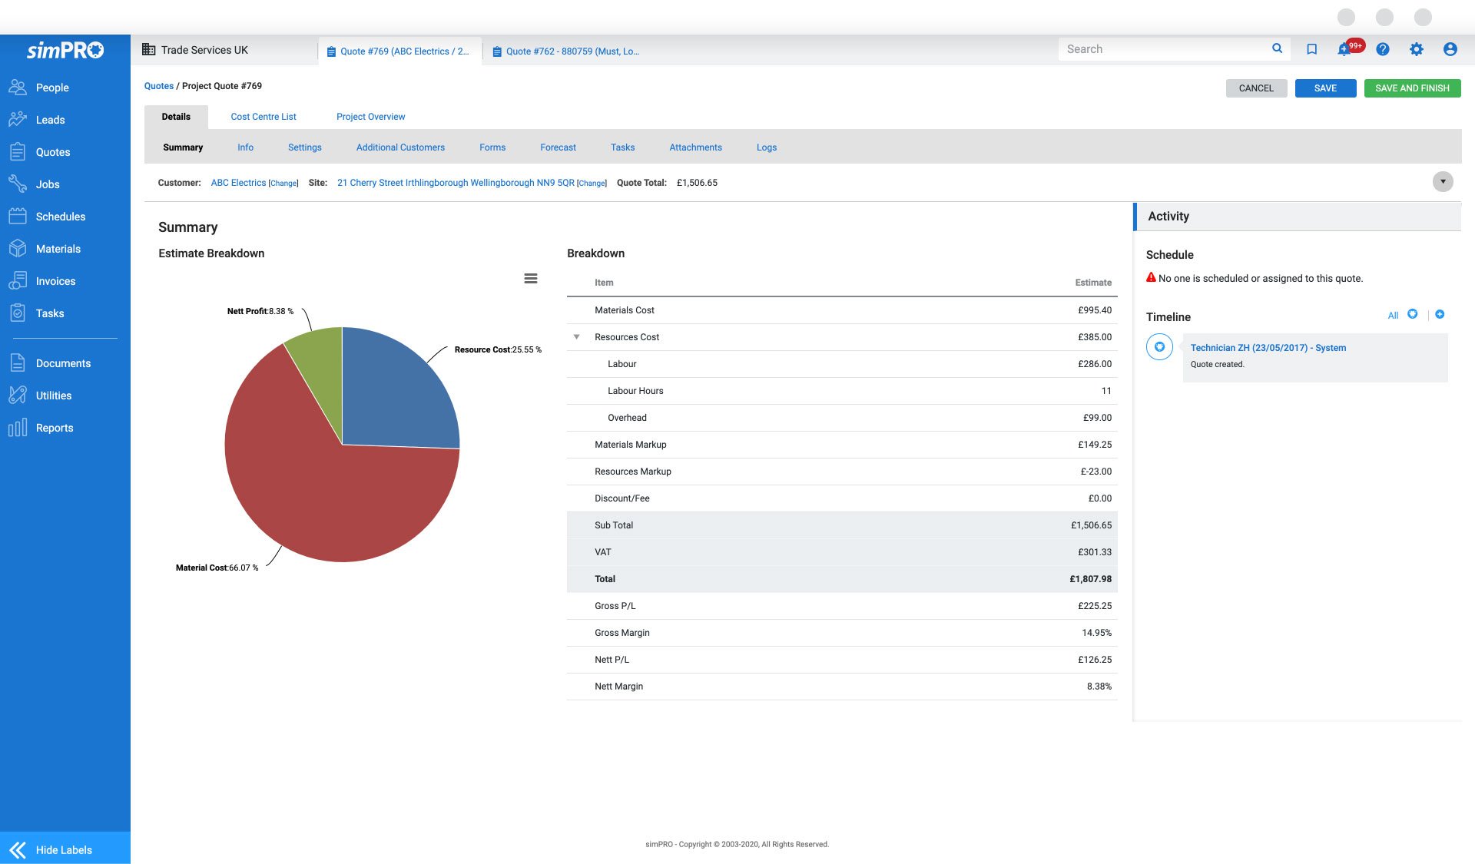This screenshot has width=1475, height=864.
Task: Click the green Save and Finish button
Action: tap(1412, 88)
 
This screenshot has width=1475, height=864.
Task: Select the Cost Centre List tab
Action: tap(263, 117)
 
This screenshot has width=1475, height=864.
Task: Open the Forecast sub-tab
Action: tap(558, 147)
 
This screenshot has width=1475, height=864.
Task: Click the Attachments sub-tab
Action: tap(695, 147)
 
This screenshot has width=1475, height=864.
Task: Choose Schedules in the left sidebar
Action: tap(60, 217)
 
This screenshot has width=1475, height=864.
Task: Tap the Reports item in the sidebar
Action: tap(54, 428)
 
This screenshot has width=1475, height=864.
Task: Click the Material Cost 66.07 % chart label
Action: tap(217, 568)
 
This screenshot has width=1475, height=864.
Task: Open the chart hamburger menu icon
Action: tap(531, 279)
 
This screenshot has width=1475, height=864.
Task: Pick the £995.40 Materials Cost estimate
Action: tap(1094, 310)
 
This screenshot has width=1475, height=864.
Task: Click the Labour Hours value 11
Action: tap(1105, 391)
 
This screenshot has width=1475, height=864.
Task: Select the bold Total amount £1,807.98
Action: tap(1090, 579)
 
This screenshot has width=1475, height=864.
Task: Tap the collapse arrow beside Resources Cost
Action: tap(576, 337)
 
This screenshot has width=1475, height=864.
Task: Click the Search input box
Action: tap(1164, 49)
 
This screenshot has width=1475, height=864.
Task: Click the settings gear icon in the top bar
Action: tap(1416, 49)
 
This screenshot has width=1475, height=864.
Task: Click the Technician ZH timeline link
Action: tap(1268, 348)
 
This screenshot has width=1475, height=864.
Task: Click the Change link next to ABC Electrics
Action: tap(283, 184)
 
